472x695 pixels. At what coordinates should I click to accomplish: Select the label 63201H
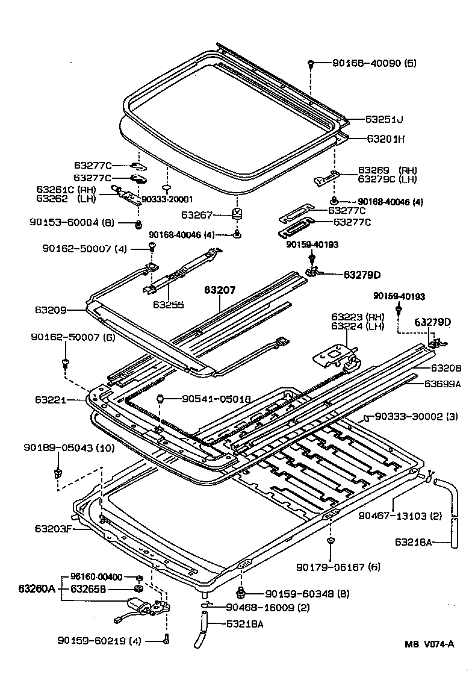[x=386, y=139]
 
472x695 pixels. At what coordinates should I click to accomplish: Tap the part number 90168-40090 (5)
[x=374, y=63]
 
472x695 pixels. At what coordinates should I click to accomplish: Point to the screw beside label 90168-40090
[x=311, y=63]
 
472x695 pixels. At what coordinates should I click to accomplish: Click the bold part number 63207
[x=220, y=290]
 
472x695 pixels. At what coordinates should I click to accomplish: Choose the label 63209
[x=50, y=310]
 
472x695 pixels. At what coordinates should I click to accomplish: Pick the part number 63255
[x=168, y=304]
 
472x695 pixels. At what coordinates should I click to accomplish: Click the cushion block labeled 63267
[x=237, y=214]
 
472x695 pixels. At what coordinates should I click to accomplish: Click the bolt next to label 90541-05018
[x=161, y=398]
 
